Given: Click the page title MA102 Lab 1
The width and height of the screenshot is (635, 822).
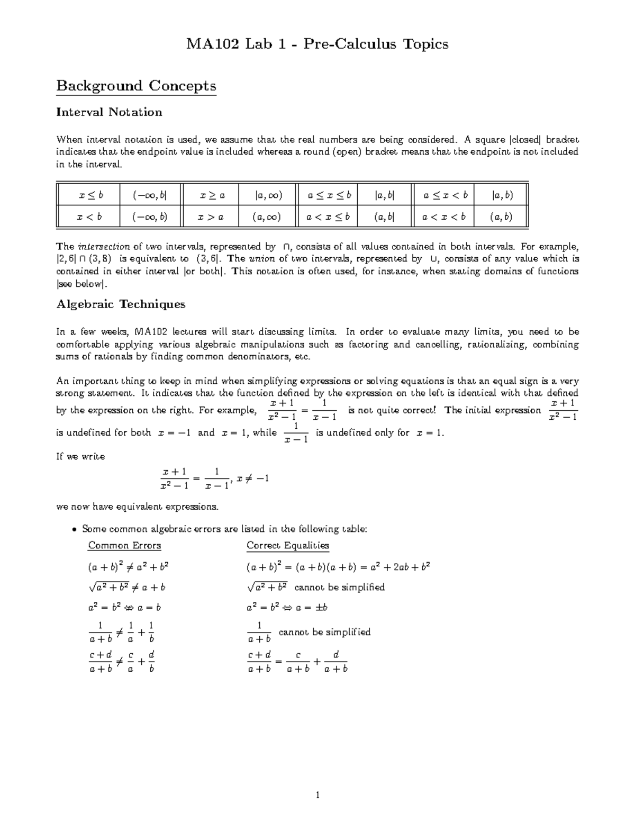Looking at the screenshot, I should pos(317,43).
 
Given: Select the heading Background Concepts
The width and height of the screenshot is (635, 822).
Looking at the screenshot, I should pos(136,86).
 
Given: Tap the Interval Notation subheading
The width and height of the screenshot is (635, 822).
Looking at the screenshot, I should pos(109,112).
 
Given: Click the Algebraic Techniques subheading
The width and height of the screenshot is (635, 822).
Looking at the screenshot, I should pos(121,304).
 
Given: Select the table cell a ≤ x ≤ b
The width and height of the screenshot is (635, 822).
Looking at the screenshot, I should pos(329,195).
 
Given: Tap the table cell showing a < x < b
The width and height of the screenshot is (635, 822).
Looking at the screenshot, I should pos(444,216).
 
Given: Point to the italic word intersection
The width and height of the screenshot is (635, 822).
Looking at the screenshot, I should pos(104,247).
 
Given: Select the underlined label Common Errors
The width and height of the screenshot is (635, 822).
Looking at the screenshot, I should pos(124,545).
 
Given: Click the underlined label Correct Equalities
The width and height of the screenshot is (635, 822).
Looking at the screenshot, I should pos(287,545).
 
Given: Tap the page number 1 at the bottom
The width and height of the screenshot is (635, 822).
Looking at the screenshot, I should pos(317,794).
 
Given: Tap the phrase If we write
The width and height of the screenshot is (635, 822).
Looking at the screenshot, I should pos(80,456).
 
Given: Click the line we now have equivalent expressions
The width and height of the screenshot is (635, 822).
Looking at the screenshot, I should pos(137,507).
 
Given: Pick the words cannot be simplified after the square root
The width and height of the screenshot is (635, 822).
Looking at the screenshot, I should pos(339,587).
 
